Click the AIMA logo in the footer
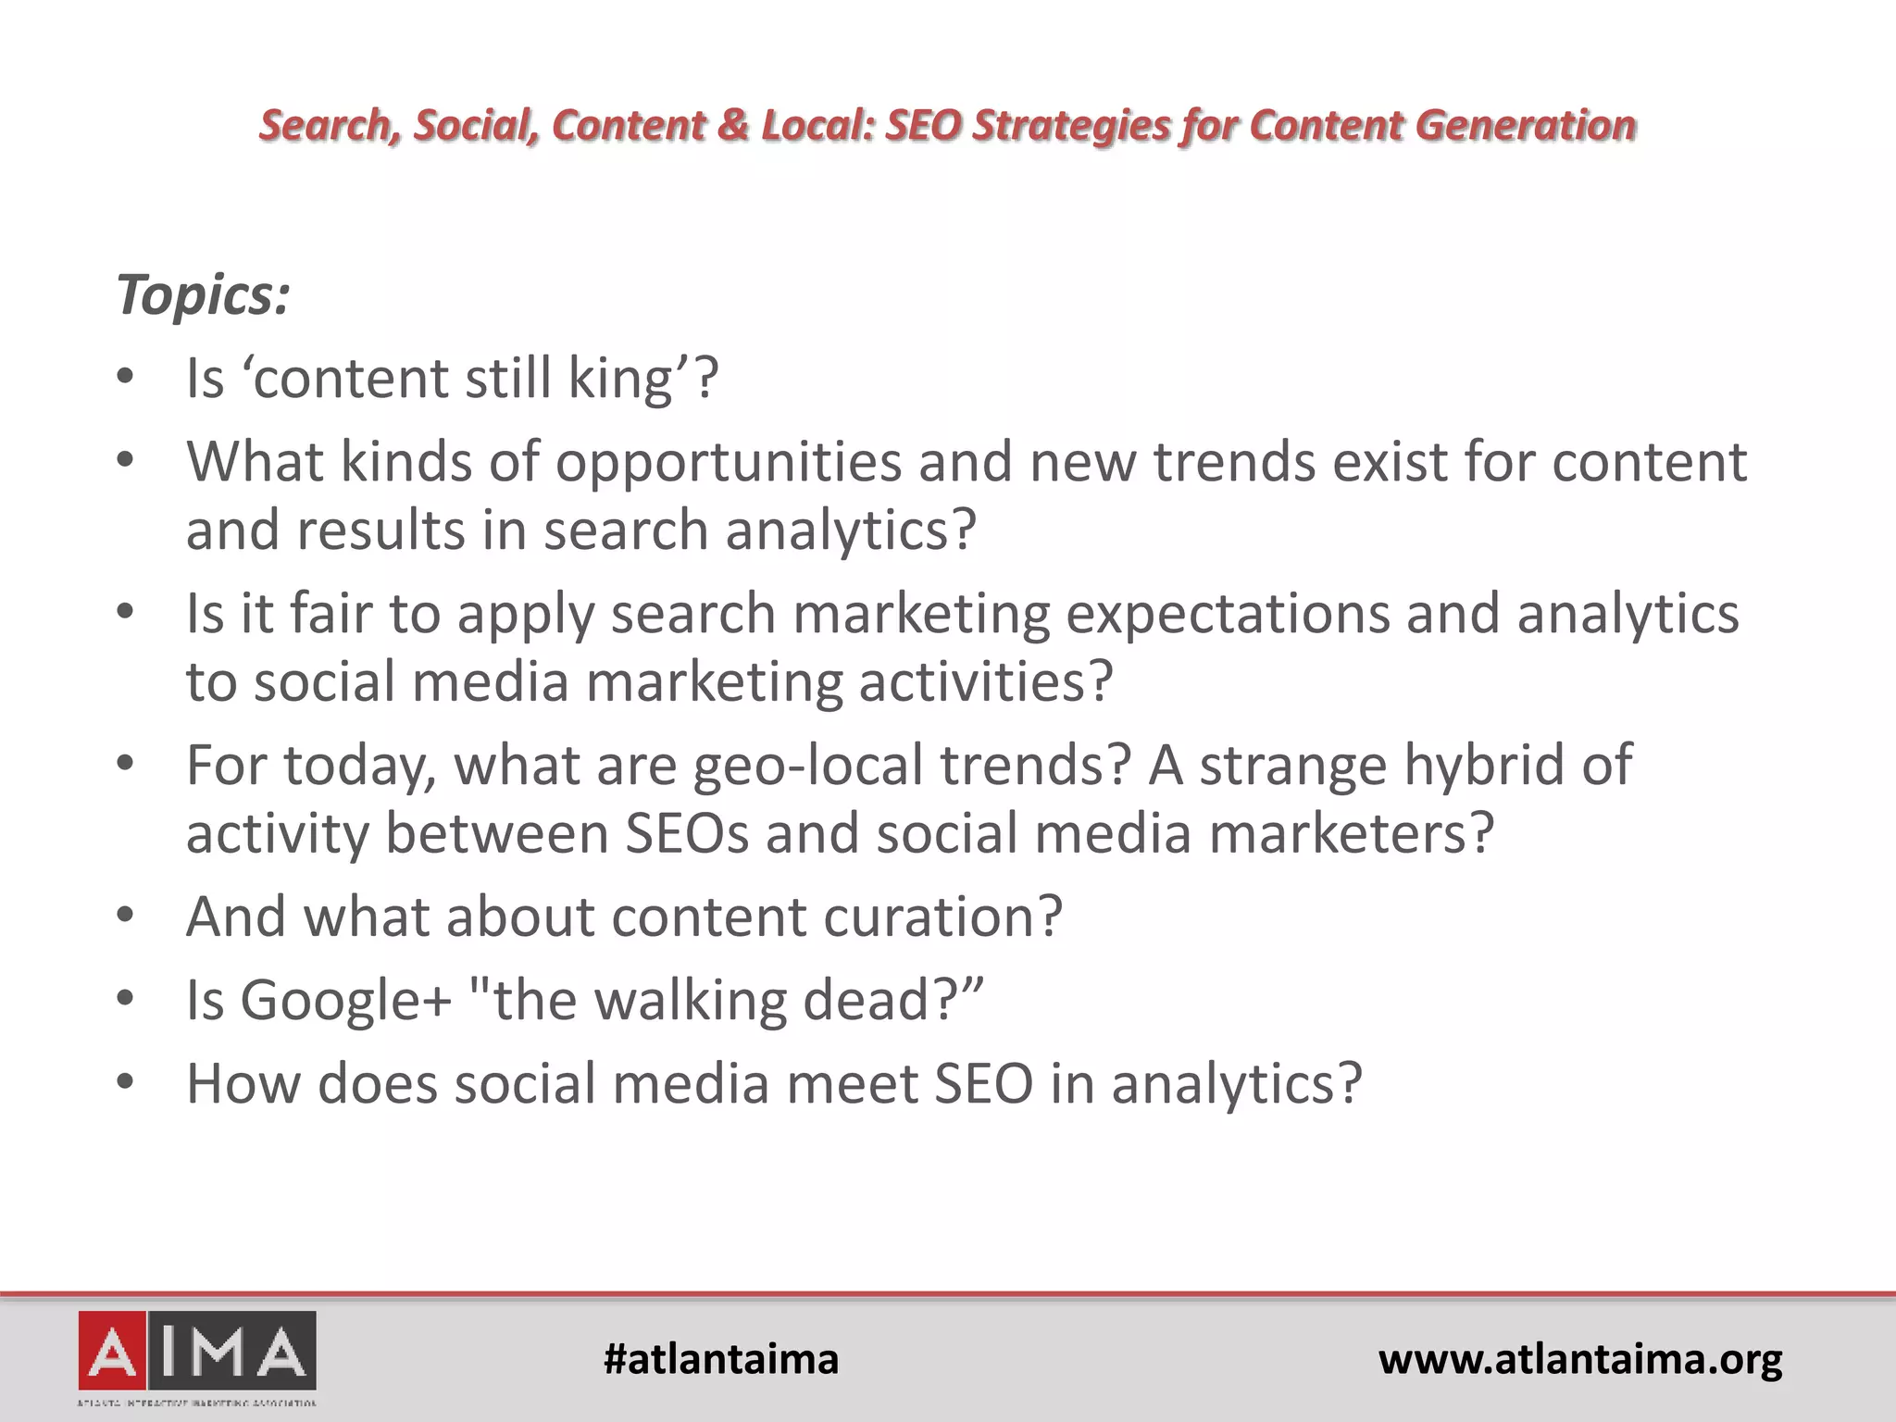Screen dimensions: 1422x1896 pyautogui.click(x=197, y=1357)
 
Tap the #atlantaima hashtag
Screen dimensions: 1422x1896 pyautogui.click(x=720, y=1359)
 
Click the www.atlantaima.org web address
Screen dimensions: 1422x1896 pyautogui.click(x=1580, y=1359)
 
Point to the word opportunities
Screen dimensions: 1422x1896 pyautogui.click(x=728, y=461)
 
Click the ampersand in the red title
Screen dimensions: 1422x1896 pyautogui.click(x=731, y=125)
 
